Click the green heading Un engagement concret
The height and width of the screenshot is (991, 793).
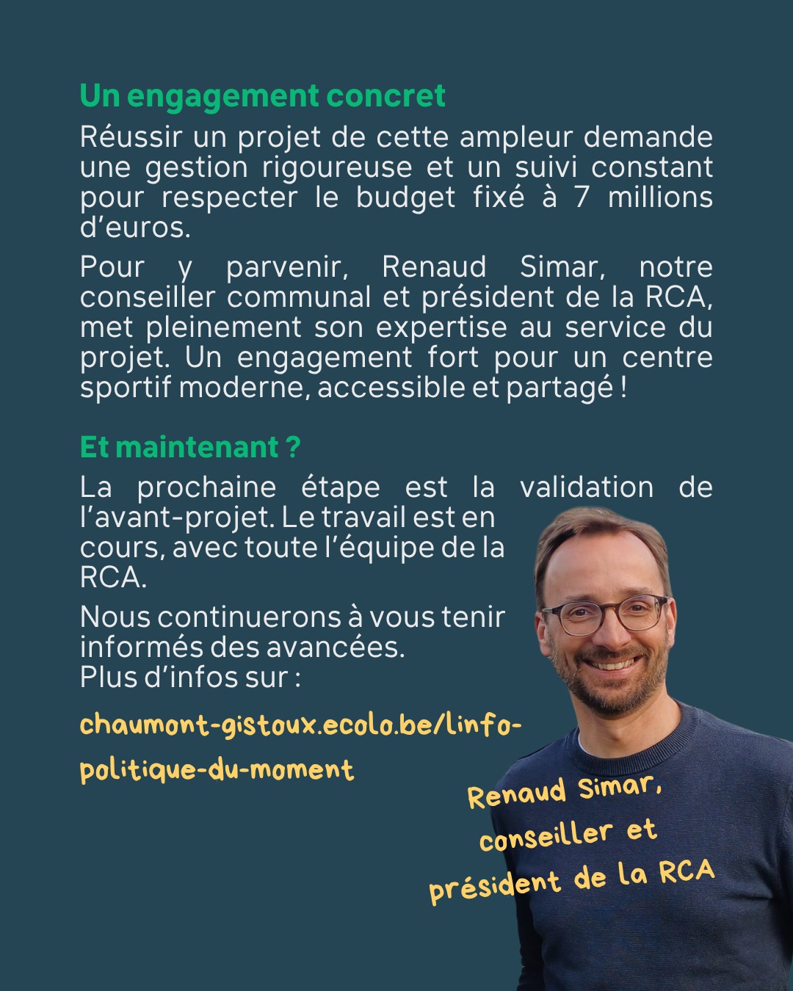click(262, 96)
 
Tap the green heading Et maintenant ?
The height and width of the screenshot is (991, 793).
click(190, 447)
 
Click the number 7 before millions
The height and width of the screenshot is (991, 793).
click(582, 197)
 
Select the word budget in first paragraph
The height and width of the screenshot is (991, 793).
click(405, 197)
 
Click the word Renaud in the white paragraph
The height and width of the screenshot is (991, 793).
click(434, 267)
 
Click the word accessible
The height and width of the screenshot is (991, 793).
click(391, 388)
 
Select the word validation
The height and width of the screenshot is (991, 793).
click(586, 487)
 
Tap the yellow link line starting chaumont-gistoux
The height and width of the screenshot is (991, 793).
click(300, 725)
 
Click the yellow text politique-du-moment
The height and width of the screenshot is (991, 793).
click(217, 770)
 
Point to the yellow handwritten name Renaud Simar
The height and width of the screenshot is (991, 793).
click(564, 791)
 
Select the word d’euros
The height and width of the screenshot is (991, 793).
click(134, 228)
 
